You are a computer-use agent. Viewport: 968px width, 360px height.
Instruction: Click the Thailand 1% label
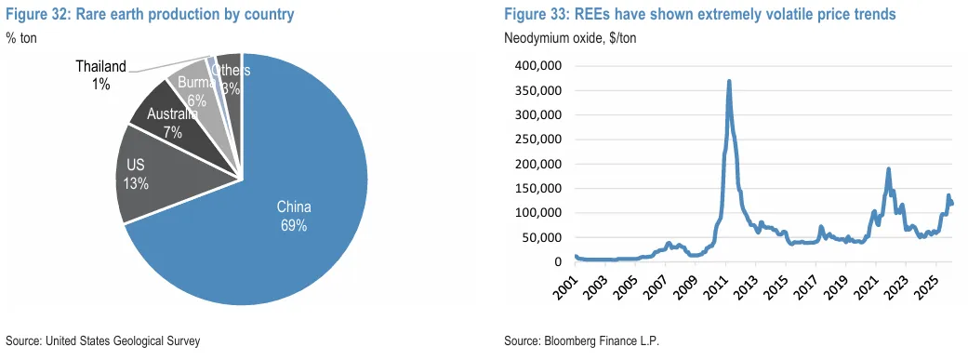(100, 74)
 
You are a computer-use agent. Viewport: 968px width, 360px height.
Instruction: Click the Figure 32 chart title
(150, 15)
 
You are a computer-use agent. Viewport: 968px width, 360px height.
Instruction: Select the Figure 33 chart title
(699, 15)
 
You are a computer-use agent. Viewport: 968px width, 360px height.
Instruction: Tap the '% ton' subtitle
(21, 37)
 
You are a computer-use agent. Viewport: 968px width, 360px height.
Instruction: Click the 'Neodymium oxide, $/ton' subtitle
(570, 38)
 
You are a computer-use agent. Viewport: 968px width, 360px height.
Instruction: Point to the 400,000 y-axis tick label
(536, 66)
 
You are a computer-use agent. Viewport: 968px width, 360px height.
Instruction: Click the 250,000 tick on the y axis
(536, 140)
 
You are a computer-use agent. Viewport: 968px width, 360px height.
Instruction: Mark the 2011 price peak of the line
(729, 82)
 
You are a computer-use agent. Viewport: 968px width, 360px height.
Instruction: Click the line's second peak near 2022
(888, 169)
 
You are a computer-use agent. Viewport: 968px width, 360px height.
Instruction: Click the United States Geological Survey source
(103, 340)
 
